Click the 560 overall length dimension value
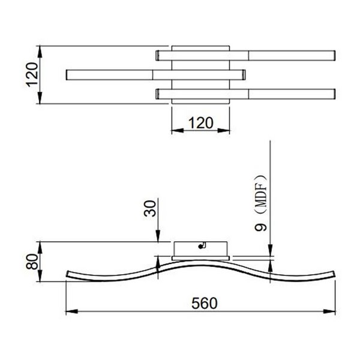pyautogui.click(x=200, y=301)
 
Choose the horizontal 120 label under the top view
pyautogui.click(x=200, y=122)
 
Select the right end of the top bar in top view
pyautogui.click(x=332, y=55)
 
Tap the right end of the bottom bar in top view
pyautogui.click(x=332, y=95)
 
